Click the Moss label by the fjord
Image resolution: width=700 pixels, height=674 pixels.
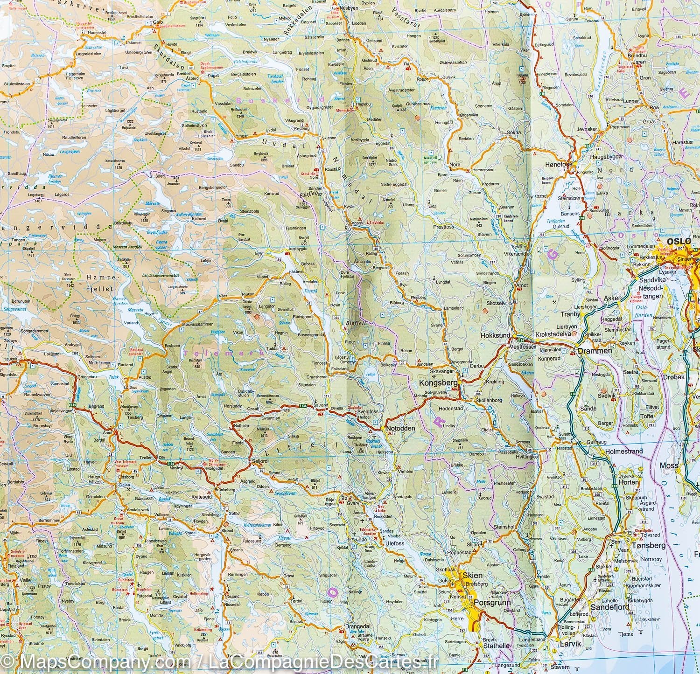pyautogui.click(x=669, y=465)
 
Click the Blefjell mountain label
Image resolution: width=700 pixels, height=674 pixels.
pyautogui.click(x=354, y=321)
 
